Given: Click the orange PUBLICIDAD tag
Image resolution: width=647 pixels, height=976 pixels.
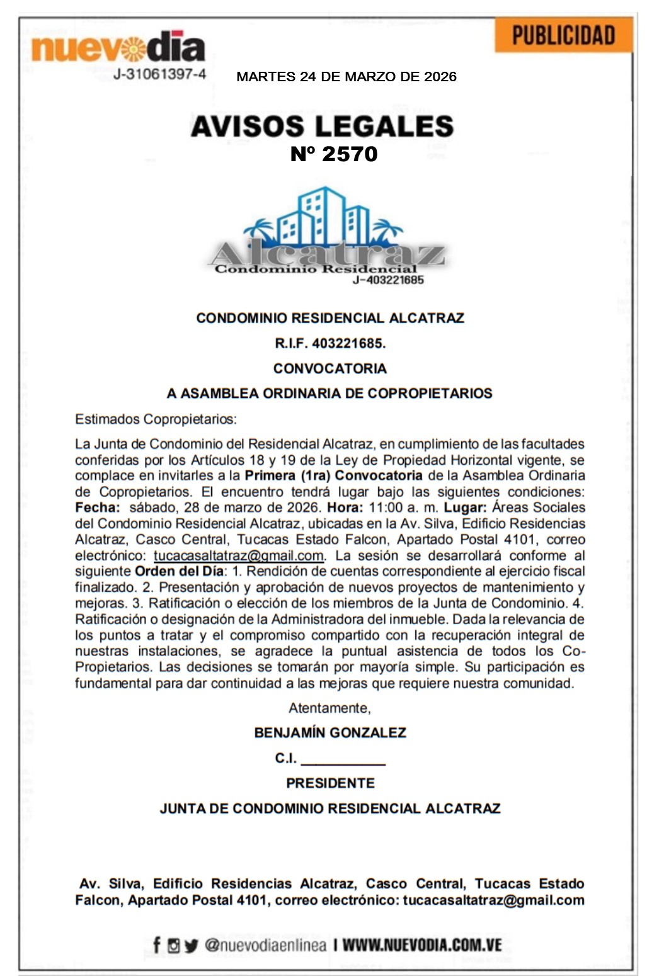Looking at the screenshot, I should pos(563,35).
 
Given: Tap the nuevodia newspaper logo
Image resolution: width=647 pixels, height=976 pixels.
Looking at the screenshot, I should pos(118,48).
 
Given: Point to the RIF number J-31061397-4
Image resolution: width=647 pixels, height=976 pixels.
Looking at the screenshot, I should pos(159,74).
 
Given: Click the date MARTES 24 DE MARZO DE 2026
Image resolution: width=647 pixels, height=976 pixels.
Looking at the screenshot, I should pos(346,77).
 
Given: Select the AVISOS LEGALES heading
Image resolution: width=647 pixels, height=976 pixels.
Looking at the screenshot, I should pos(322,126).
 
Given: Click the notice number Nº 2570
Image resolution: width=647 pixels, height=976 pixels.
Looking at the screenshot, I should pos(334,154).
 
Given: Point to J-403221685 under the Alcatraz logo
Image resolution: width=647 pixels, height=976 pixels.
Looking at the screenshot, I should pos(388,280).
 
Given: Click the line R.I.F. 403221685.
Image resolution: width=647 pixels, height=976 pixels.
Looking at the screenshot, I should pos(329,343).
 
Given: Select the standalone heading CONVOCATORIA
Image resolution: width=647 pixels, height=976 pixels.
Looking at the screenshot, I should pos(329,368).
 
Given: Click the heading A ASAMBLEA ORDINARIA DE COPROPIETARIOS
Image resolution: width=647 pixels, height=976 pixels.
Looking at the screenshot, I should pos(329,394).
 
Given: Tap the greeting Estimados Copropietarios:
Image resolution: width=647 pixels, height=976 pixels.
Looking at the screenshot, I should pos(156,419).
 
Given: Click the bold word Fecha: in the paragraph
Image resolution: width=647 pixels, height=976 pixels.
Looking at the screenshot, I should pos(97,508).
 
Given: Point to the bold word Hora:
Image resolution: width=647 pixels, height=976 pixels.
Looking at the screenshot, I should pos(345,508).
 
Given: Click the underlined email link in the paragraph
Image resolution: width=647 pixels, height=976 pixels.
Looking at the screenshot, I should pos(239,556).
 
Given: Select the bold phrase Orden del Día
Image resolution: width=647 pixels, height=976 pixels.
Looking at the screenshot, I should pos(179,572).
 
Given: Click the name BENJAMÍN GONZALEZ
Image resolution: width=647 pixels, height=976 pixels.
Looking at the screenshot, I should pos(329,733).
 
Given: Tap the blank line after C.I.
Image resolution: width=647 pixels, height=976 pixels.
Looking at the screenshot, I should pos(343,759).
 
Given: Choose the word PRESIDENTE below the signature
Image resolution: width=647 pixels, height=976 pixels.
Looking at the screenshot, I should pos(329,783).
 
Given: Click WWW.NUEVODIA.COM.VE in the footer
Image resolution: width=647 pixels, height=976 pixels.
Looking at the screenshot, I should pos(422,945).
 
